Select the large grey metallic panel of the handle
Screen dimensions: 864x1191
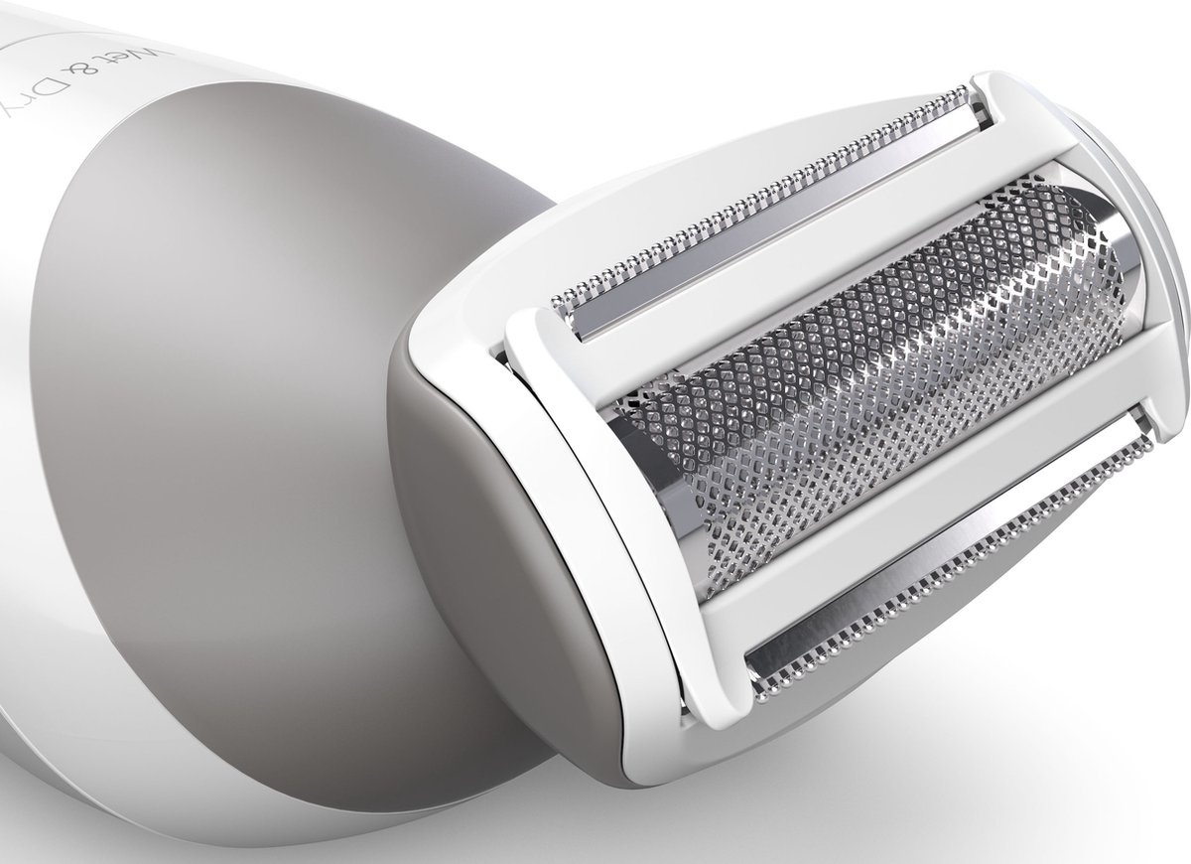point(248,348)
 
